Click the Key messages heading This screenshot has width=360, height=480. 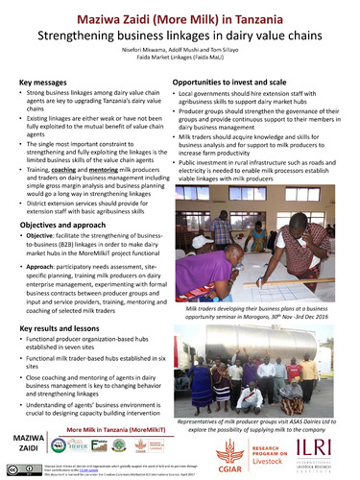(x=49, y=85)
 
